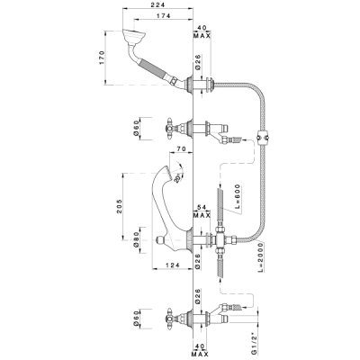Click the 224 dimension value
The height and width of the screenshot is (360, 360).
click(x=159, y=5)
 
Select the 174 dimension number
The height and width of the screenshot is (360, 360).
click(x=163, y=15)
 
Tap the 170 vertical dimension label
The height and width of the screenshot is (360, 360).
click(x=102, y=58)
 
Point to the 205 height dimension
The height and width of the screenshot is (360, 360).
click(x=120, y=206)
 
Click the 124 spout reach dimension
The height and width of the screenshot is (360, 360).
click(x=172, y=265)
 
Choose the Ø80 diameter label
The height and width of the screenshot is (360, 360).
click(x=137, y=239)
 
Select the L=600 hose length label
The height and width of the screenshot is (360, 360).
click(x=238, y=196)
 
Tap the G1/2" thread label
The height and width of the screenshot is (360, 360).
click(x=254, y=343)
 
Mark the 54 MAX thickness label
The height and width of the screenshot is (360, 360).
click(x=202, y=212)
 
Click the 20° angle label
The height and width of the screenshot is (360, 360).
click(x=177, y=178)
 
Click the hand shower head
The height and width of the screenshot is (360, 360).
click(x=134, y=36)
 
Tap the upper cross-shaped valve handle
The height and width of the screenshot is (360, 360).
click(x=169, y=128)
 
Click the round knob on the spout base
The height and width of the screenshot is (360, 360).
click(x=162, y=239)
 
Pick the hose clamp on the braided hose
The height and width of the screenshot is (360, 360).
click(x=263, y=137)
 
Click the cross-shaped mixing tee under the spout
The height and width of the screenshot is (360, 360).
click(x=220, y=239)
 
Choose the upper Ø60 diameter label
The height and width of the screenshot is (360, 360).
click(x=137, y=128)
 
